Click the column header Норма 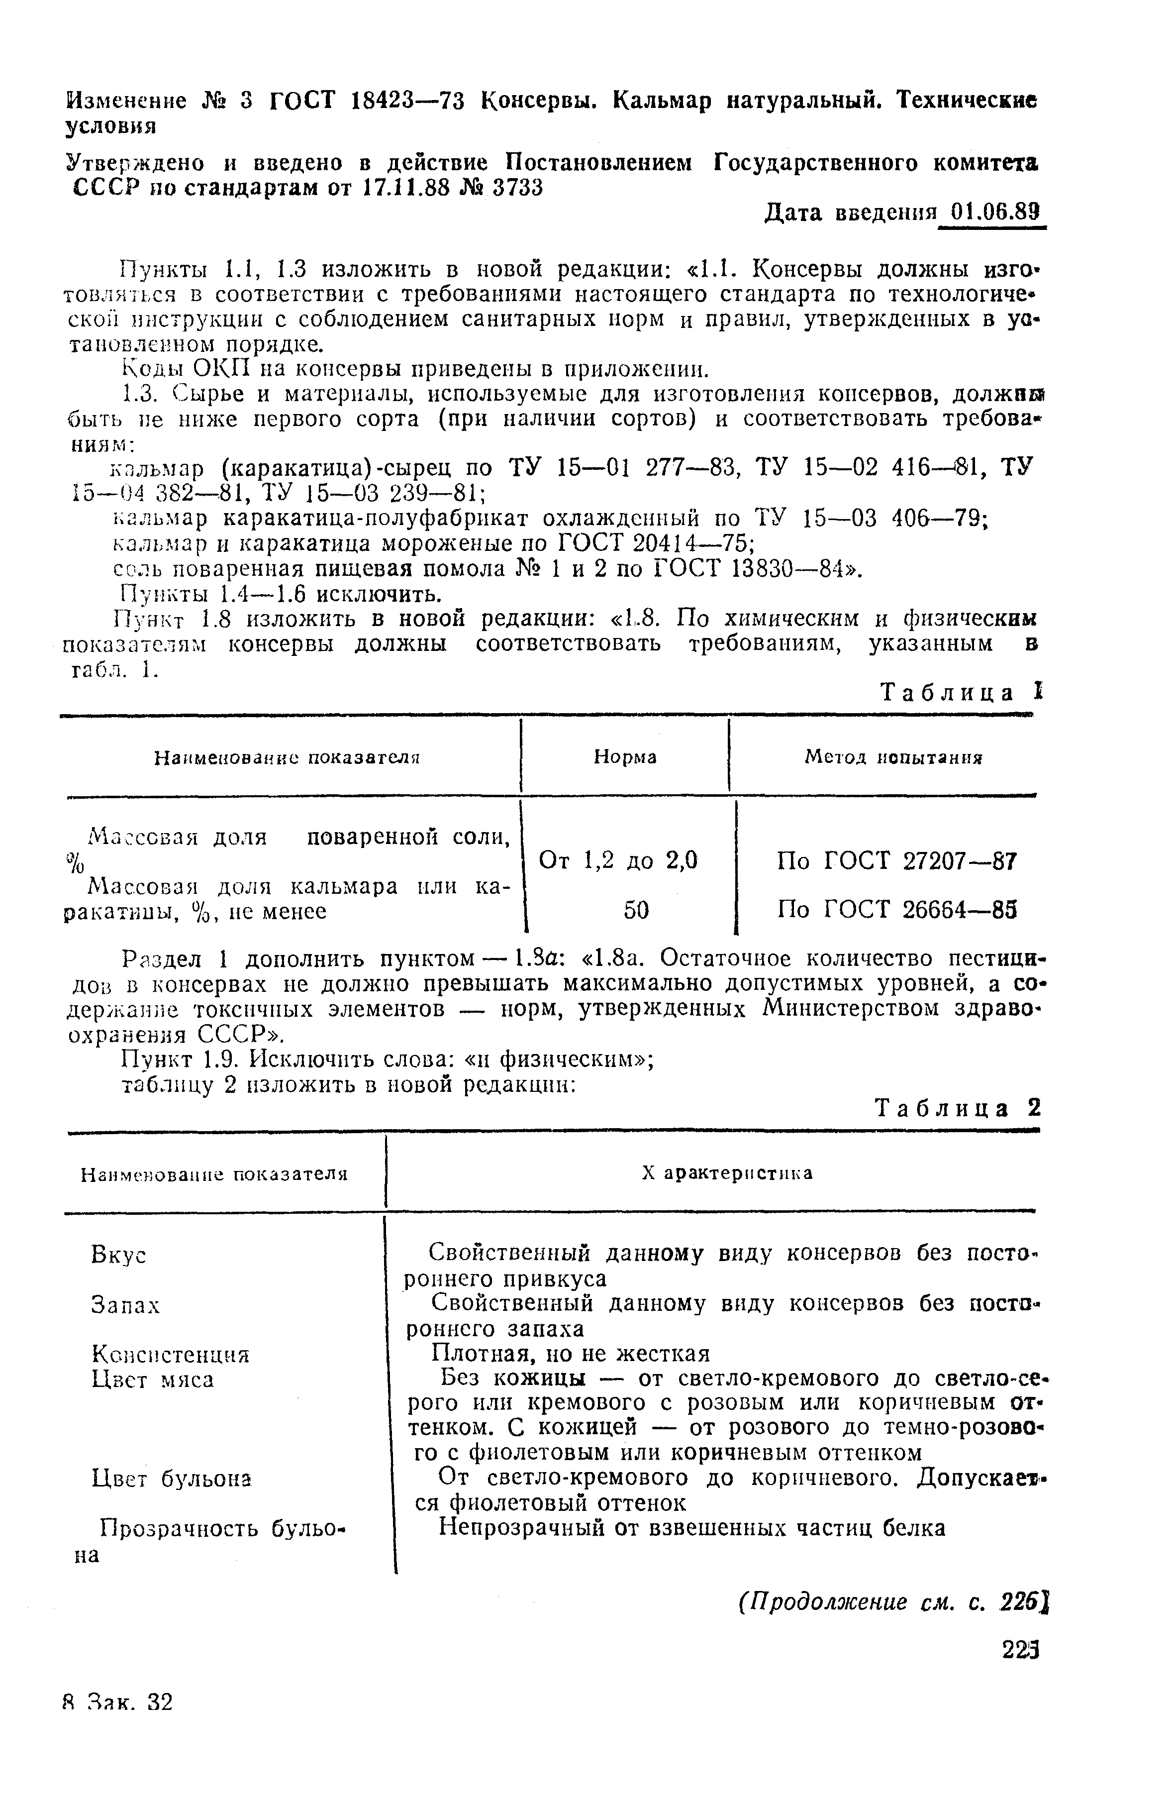click(x=625, y=757)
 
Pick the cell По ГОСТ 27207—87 click(x=896, y=861)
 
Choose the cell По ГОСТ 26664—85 click(x=896, y=910)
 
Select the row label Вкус click(x=118, y=1256)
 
